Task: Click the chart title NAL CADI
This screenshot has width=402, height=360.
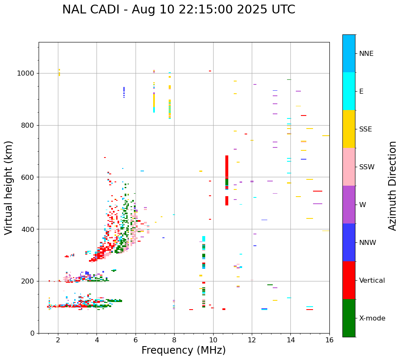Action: point(178,10)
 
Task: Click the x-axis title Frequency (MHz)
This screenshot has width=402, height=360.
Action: point(183,350)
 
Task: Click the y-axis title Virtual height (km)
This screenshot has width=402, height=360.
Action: point(9,187)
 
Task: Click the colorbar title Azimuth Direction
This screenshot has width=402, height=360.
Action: point(392,186)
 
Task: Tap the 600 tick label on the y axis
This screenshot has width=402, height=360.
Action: point(28,177)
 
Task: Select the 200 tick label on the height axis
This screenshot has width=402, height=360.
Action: point(28,281)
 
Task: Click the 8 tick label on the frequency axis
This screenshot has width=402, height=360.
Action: point(174,340)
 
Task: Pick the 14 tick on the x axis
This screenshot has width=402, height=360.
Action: point(290,340)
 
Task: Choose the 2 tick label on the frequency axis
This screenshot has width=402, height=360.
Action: point(58,340)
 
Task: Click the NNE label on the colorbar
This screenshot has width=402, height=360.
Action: point(366,54)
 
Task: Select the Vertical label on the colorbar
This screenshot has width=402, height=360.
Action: point(372,281)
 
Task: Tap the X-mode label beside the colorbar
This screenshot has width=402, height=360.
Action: point(372,318)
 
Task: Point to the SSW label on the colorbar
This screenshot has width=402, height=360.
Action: point(367,167)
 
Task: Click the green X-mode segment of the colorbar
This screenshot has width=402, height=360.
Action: point(349,318)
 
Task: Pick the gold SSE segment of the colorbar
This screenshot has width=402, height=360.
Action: point(349,129)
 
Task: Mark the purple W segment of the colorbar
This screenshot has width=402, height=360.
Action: point(349,205)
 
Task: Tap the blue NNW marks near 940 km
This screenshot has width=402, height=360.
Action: point(124,92)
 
